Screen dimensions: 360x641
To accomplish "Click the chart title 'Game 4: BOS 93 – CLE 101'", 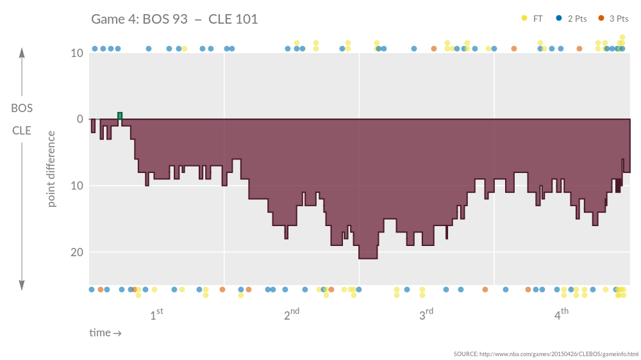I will click(174, 19).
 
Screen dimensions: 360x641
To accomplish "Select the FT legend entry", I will click(537, 19).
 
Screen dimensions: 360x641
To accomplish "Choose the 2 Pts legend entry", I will click(577, 19).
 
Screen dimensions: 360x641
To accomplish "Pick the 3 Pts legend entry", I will click(617, 19).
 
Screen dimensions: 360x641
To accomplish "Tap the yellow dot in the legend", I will click(524, 19).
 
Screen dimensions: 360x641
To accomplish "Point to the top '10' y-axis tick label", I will click(76, 53).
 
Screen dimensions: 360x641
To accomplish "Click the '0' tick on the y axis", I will click(80, 119).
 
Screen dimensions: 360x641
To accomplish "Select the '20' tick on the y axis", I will click(76, 252).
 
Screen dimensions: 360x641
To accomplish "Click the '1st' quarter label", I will click(156, 315).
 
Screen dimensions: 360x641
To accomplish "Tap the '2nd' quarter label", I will click(292, 315).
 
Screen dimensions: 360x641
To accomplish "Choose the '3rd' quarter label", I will click(426, 315).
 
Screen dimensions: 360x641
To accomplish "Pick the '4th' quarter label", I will click(562, 315).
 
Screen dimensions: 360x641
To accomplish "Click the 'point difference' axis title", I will click(51, 169).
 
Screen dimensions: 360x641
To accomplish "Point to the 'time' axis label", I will click(105, 333).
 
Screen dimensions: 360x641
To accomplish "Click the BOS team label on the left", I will click(22, 108).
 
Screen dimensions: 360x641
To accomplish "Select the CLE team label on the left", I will click(22, 131).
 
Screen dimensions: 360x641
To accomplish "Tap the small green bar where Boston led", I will click(120, 116).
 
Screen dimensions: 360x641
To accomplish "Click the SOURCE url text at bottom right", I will click(545, 354).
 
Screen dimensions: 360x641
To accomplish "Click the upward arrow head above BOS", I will click(22, 53).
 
